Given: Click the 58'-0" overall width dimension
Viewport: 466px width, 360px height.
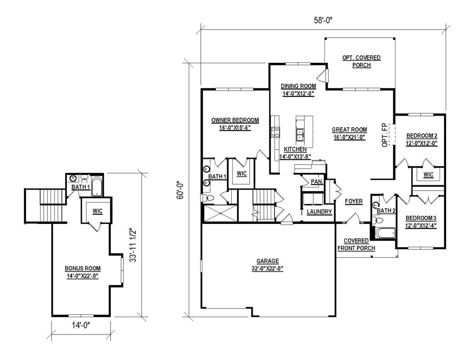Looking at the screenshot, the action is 323,20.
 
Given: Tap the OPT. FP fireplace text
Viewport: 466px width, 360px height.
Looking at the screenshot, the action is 385,135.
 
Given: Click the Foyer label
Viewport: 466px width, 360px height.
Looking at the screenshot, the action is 354,201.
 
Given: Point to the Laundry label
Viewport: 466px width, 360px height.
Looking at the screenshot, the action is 319,212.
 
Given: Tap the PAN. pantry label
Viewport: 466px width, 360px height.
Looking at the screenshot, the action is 317,181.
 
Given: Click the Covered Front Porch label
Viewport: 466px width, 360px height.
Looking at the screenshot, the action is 356,244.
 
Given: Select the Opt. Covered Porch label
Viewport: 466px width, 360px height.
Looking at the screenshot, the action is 361,61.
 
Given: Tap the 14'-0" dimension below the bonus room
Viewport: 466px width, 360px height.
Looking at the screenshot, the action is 81,325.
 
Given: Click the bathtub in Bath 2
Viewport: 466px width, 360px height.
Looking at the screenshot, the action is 385,233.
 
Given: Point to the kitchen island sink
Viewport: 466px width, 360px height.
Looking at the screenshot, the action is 300,134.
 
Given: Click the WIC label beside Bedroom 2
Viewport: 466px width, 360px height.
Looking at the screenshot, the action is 428,175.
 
